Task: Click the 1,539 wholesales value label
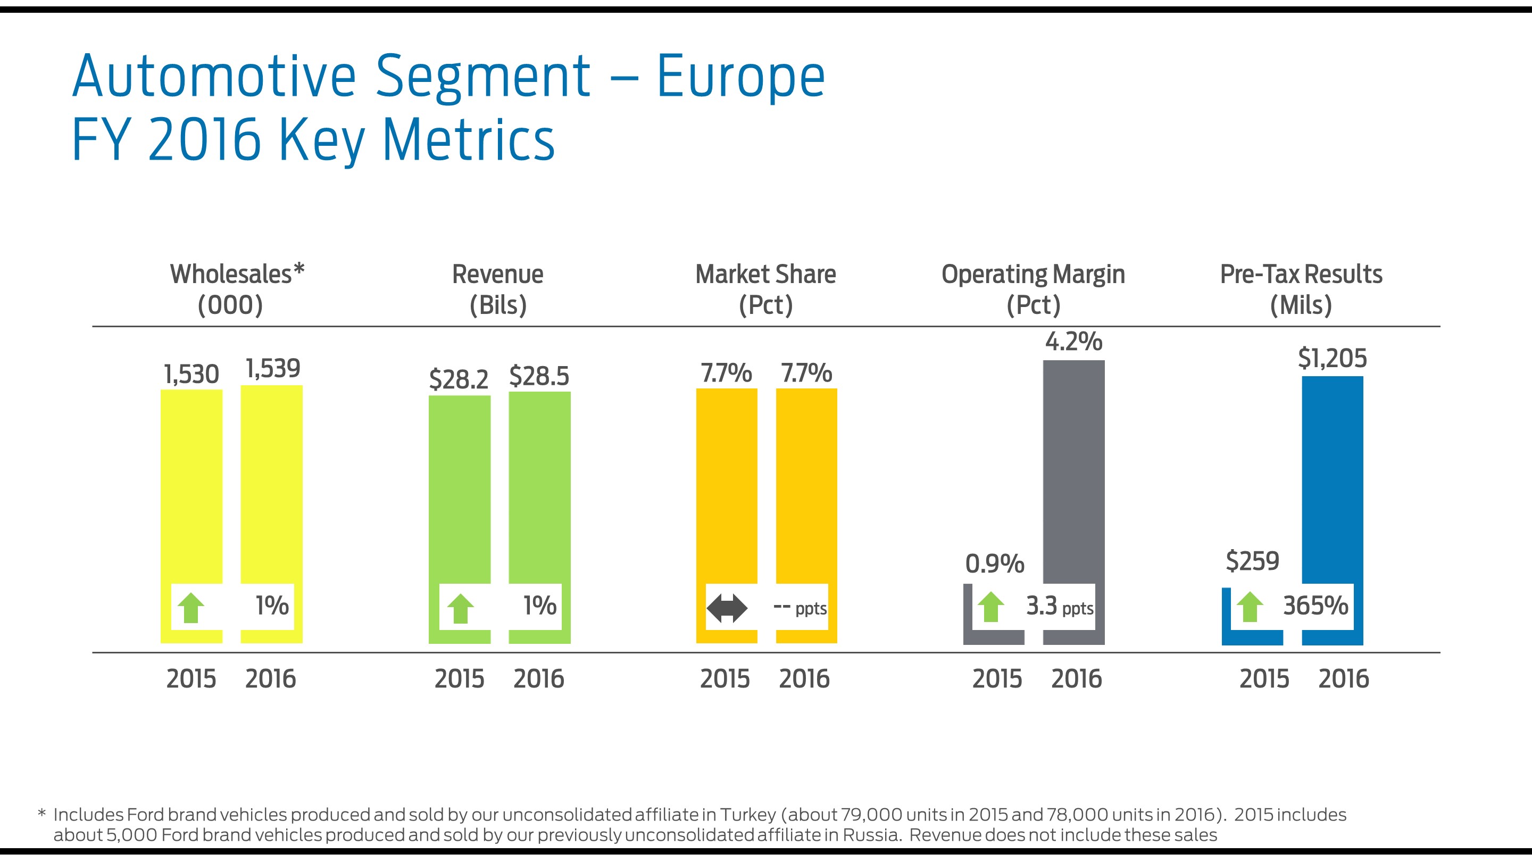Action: (273, 369)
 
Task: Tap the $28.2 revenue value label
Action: (459, 379)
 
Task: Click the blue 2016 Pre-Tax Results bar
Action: (1332, 476)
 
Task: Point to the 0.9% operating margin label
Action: (994, 563)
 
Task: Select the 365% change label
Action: (1315, 606)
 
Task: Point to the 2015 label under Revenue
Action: (459, 679)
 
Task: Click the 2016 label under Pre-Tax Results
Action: (1344, 679)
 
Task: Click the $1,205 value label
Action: (1332, 358)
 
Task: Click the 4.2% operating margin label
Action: (1073, 342)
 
